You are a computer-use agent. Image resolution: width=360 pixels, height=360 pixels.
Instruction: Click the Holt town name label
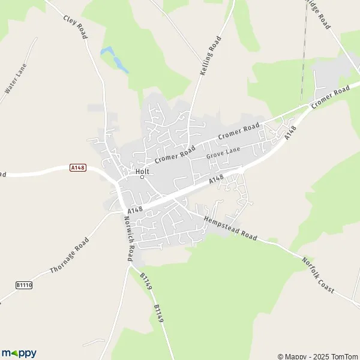[142, 170]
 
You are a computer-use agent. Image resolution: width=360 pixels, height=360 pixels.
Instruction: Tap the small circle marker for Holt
[142, 177]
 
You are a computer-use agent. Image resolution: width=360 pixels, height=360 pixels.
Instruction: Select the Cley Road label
[76, 26]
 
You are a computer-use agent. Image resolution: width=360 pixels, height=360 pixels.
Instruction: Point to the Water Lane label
[13, 82]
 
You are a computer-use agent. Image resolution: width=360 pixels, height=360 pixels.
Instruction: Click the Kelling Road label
[210, 55]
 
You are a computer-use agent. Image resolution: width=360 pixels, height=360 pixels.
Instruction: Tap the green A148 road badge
[78, 167]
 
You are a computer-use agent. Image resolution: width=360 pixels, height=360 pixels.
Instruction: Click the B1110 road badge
[24, 285]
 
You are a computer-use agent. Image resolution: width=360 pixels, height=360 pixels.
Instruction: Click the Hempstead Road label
[230, 229]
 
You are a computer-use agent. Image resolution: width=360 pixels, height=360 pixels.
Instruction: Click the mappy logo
[19, 353]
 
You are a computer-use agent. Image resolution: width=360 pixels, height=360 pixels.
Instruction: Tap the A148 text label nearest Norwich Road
[136, 209]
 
